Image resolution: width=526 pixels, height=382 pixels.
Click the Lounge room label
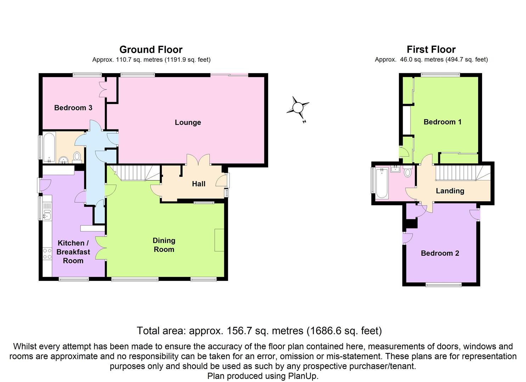coord(188,122)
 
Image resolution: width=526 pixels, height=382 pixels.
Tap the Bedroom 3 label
coord(73,108)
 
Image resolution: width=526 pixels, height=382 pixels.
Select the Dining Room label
coord(164,245)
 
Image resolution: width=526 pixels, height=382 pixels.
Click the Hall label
coord(198,184)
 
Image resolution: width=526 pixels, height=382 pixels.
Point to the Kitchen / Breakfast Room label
coord(73,252)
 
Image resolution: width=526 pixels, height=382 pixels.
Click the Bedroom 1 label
coord(442,122)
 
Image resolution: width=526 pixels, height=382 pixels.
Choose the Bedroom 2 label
coord(440,253)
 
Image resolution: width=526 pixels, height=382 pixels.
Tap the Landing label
coord(450,191)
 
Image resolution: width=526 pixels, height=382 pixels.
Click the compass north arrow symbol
coord(298,107)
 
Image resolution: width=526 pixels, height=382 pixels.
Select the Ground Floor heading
coord(151,50)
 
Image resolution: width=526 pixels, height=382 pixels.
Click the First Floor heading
coord(431,50)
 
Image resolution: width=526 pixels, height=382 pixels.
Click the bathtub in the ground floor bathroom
coord(49,146)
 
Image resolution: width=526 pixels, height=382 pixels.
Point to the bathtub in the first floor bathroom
coord(381,183)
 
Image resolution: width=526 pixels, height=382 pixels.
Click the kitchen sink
coord(47,214)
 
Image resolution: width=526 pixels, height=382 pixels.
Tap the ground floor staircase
coord(138,173)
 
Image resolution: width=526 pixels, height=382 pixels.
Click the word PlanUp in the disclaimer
coord(303,376)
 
